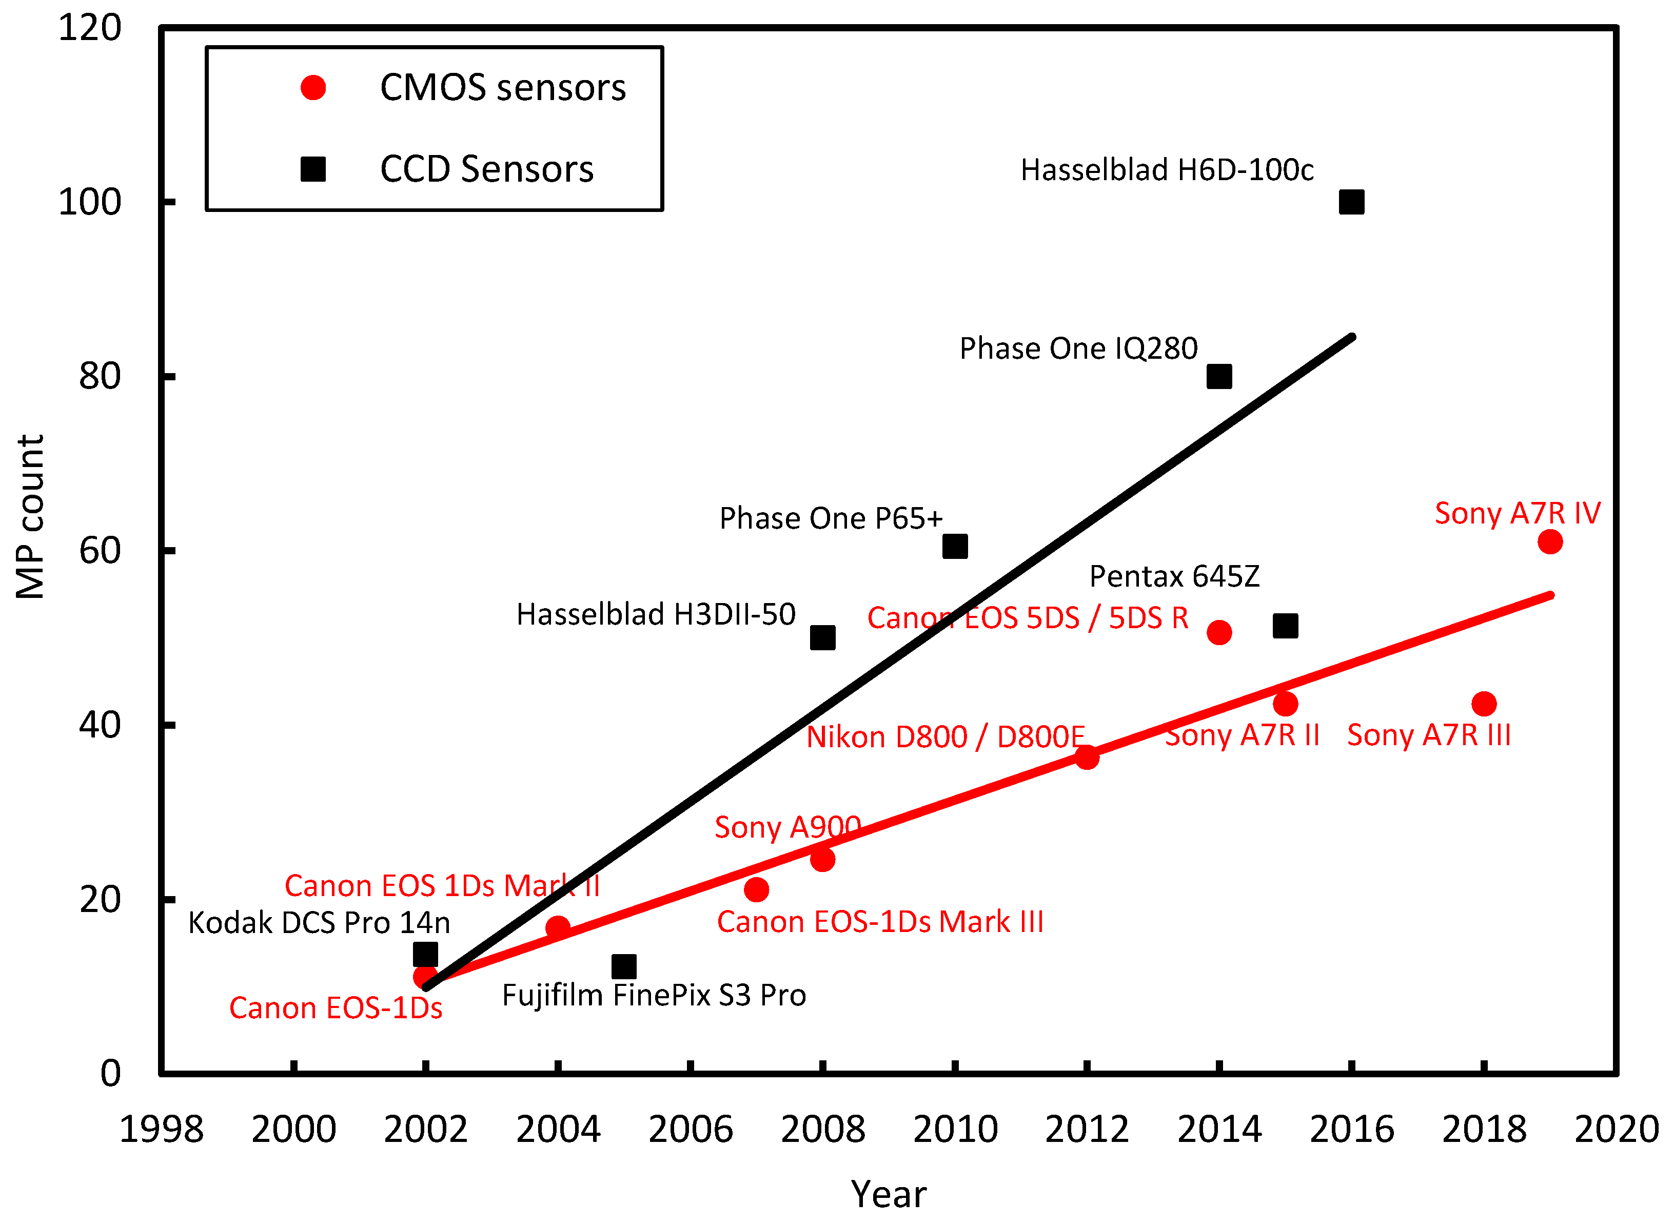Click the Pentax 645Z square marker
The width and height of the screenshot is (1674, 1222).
1285,626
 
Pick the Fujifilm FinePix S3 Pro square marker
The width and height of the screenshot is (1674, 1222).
624,966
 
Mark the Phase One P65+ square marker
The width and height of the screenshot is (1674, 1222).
955,547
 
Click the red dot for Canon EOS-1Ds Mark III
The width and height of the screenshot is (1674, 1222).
756,889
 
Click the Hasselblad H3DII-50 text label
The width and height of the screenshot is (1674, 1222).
655,614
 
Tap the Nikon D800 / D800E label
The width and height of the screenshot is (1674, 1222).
945,737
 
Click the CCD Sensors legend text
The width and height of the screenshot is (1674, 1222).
486,169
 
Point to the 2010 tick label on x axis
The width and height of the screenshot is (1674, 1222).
955,1130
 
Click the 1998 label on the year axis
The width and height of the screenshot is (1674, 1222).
161,1130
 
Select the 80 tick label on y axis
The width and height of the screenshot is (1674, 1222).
100,377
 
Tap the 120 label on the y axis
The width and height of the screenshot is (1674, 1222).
89,28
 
